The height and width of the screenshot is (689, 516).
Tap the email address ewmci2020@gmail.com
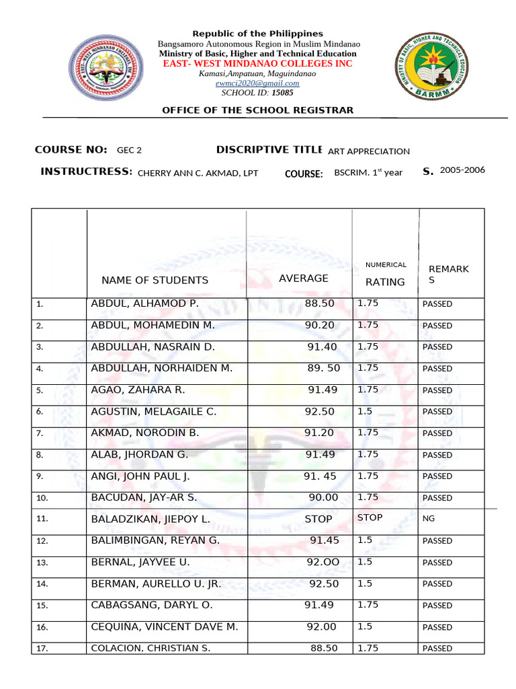pyautogui.click(x=257, y=83)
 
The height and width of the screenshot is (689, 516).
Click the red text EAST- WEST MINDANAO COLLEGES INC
pyautogui.click(x=259, y=63)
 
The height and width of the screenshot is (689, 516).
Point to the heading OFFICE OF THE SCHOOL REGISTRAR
pyautogui.click(x=257, y=110)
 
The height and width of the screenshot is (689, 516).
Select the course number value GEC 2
pyautogui.click(x=129, y=151)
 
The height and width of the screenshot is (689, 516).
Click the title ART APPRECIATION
pyautogui.click(x=368, y=151)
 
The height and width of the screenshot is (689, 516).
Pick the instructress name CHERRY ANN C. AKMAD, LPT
pyautogui.click(x=198, y=173)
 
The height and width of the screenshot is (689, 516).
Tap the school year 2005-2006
pyautogui.click(x=462, y=170)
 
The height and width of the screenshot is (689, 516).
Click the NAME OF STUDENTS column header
pyautogui.click(x=155, y=281)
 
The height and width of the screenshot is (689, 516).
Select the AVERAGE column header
pyautogui.click(x=304, y=279)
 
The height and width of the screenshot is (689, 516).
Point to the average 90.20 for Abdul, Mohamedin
pyautogui.click(x=319, y=326)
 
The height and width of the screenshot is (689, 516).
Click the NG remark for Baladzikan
pyautogui.click(x=429, y=519)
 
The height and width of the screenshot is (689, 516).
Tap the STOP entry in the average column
pyautogui.click(x=318, y=519)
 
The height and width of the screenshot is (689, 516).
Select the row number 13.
pyautogui.click(x=42, y=563)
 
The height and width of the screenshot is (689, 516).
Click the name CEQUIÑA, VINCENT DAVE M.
pyautogui.click(x=165, y=627)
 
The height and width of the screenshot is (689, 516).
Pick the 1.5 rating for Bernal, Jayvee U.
pyautogui.click(x=365, y=562)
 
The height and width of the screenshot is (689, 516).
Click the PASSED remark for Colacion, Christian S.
pyautogui.click(x=437, y=649)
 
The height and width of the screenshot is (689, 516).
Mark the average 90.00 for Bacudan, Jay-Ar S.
pyautogui.click(x=322, y=498)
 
